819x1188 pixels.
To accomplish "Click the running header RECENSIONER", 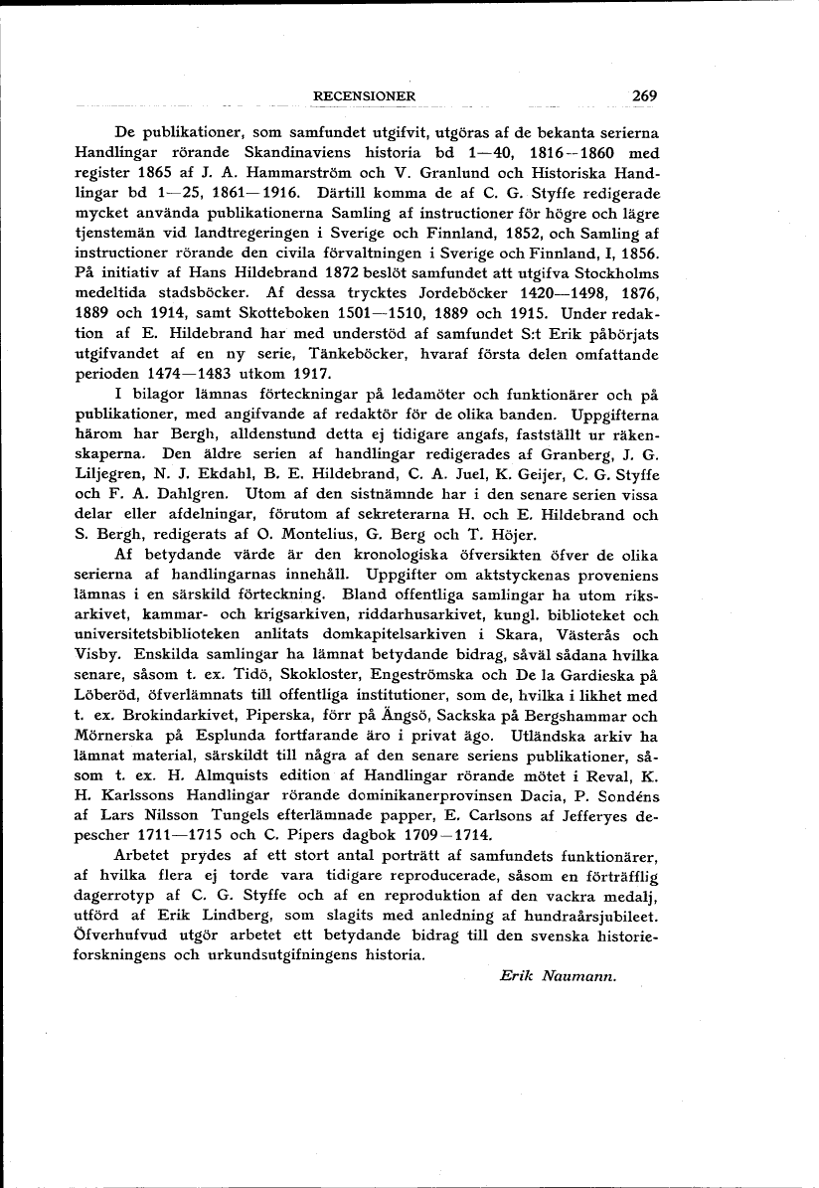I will (x=363, y=96).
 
